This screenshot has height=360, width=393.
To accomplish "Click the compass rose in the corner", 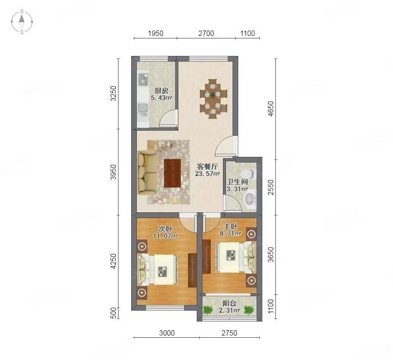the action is (x=22, y=22).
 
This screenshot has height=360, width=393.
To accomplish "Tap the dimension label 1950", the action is (x=156, y=33).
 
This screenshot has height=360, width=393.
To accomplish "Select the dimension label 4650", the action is (x=271, y=109).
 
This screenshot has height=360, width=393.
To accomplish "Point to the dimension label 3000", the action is (x=167, y=333).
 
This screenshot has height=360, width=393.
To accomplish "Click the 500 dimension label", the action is (x=113, y=313).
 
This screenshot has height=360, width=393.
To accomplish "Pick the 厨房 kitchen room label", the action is (x=161, y=90).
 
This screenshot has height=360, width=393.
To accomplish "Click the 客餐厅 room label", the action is (x=207, y=166).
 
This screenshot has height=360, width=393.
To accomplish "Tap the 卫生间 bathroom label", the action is (x=237, y=182).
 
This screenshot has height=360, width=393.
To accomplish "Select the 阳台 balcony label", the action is (x=230, y=303).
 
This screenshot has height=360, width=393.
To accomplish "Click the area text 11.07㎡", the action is (x=166, y=236).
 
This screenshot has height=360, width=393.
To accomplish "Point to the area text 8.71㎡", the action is (x=230, y=233).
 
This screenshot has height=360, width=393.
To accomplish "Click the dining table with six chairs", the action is (x=213, y=99).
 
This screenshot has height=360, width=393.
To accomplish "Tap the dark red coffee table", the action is (x=172, y=173).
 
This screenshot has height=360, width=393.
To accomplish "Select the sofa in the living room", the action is (x=147, y=173).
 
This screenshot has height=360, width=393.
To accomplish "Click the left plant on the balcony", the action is (x=208, y=310).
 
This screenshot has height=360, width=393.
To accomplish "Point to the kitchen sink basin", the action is (x=143, y=108).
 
